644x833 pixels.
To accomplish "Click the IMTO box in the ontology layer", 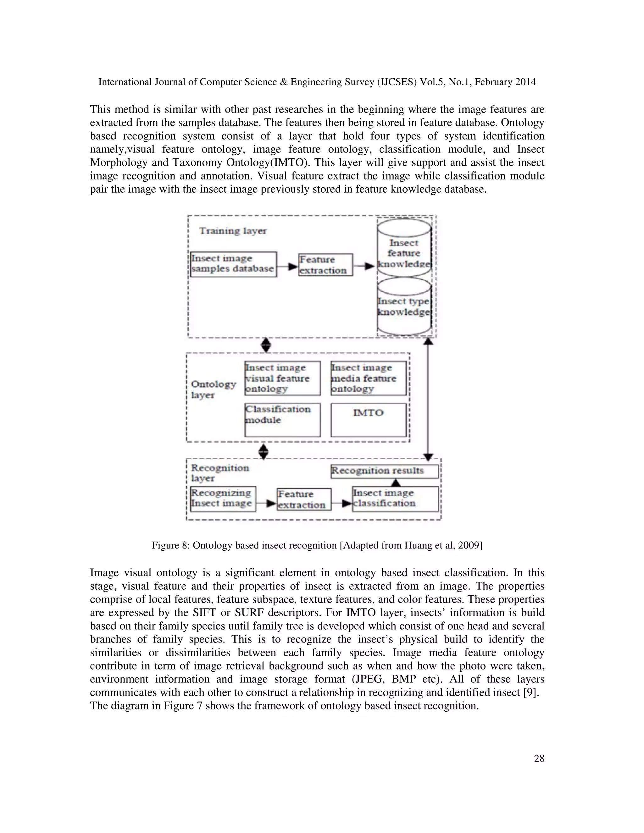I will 368,420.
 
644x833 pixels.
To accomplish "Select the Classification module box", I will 282,420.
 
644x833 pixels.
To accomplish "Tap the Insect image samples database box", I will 233,264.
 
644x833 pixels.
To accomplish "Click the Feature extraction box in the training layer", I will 325,265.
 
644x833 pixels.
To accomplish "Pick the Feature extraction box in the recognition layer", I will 304,499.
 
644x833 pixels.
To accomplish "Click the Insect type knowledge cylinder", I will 404,307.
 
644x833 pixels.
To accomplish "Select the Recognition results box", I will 384,471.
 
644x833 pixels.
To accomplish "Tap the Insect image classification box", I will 395,499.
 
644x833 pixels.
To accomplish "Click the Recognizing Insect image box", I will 223,499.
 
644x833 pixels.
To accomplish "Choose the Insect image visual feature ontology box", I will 282,378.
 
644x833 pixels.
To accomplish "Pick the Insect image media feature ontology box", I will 368,378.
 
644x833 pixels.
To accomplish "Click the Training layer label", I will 233,231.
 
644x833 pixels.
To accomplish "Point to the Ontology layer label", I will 213,389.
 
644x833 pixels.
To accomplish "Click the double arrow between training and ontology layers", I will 266,345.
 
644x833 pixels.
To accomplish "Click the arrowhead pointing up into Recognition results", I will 396,483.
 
